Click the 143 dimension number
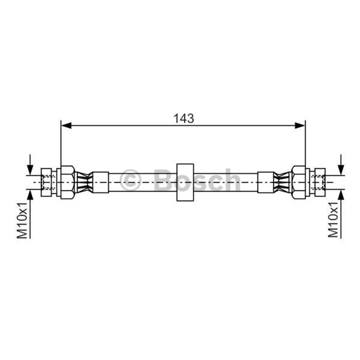coord(184,118)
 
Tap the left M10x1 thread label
coord(22,220)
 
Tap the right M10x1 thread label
coord(333,220)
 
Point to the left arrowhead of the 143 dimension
coord(66,126)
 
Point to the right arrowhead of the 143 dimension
coord(300,126)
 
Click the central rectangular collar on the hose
coord(185,182)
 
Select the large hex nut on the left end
coord(67,182)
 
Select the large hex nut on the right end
coord(299,182)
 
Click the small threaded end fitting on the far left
coord(46,182)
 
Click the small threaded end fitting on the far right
coord(320,182)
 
